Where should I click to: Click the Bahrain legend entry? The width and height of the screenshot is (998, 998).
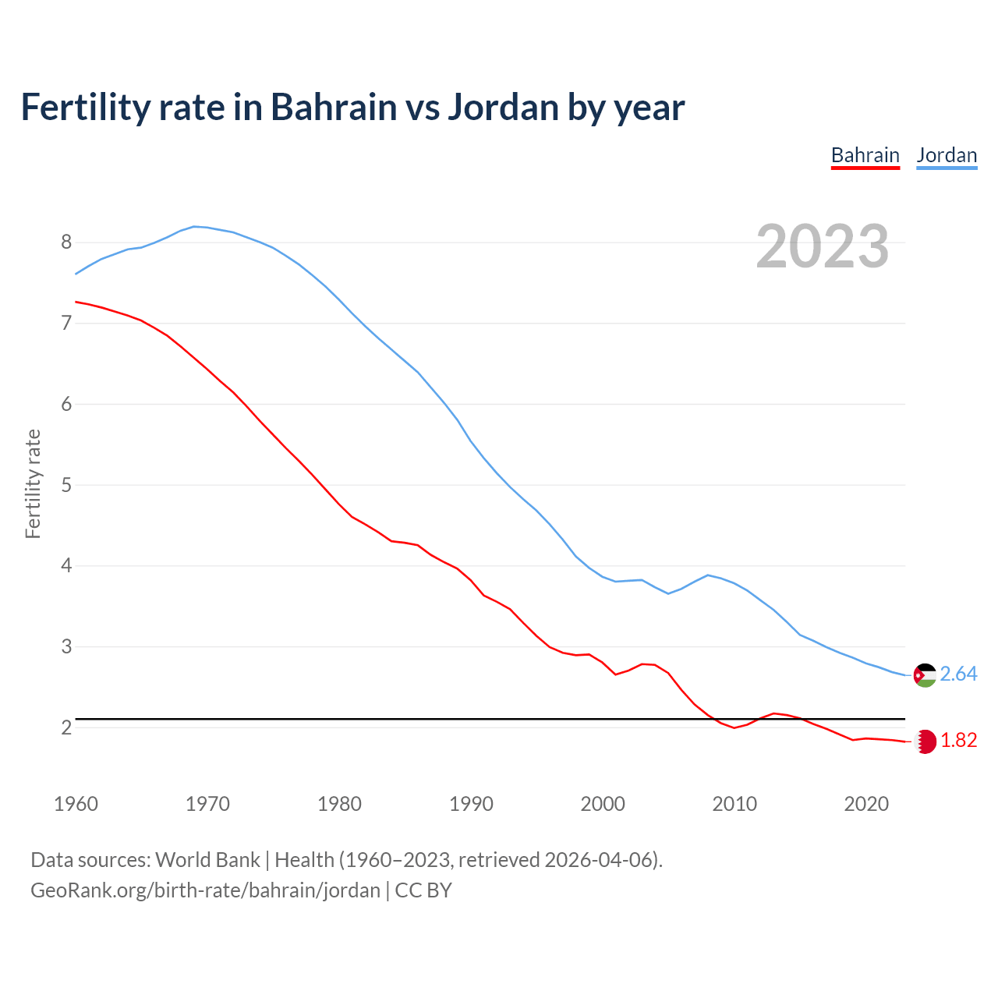865,155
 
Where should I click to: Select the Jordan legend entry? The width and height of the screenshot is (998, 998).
947,155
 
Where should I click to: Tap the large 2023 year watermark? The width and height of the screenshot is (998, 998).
823,246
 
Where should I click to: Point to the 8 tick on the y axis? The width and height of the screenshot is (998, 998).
66,242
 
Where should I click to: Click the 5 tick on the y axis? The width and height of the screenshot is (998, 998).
66,485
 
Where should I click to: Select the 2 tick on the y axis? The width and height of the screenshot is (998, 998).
66,727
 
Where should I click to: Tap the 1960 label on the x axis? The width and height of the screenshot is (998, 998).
76,804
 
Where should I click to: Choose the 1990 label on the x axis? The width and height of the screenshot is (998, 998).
471,804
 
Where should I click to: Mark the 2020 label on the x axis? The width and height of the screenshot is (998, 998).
866,804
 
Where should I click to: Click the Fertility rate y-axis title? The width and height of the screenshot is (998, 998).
33,483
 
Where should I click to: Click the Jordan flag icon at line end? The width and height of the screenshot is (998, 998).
925,675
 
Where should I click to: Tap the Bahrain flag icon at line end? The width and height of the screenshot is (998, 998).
925,741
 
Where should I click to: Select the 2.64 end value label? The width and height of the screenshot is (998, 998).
958,674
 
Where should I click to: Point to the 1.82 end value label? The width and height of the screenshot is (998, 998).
958,740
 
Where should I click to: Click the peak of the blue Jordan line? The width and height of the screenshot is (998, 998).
195,226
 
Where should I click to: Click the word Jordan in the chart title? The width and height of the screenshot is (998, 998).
503,107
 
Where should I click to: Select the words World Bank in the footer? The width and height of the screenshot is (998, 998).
207,860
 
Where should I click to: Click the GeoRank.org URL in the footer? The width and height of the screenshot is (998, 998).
205,890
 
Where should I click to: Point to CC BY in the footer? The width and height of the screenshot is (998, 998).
423,890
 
